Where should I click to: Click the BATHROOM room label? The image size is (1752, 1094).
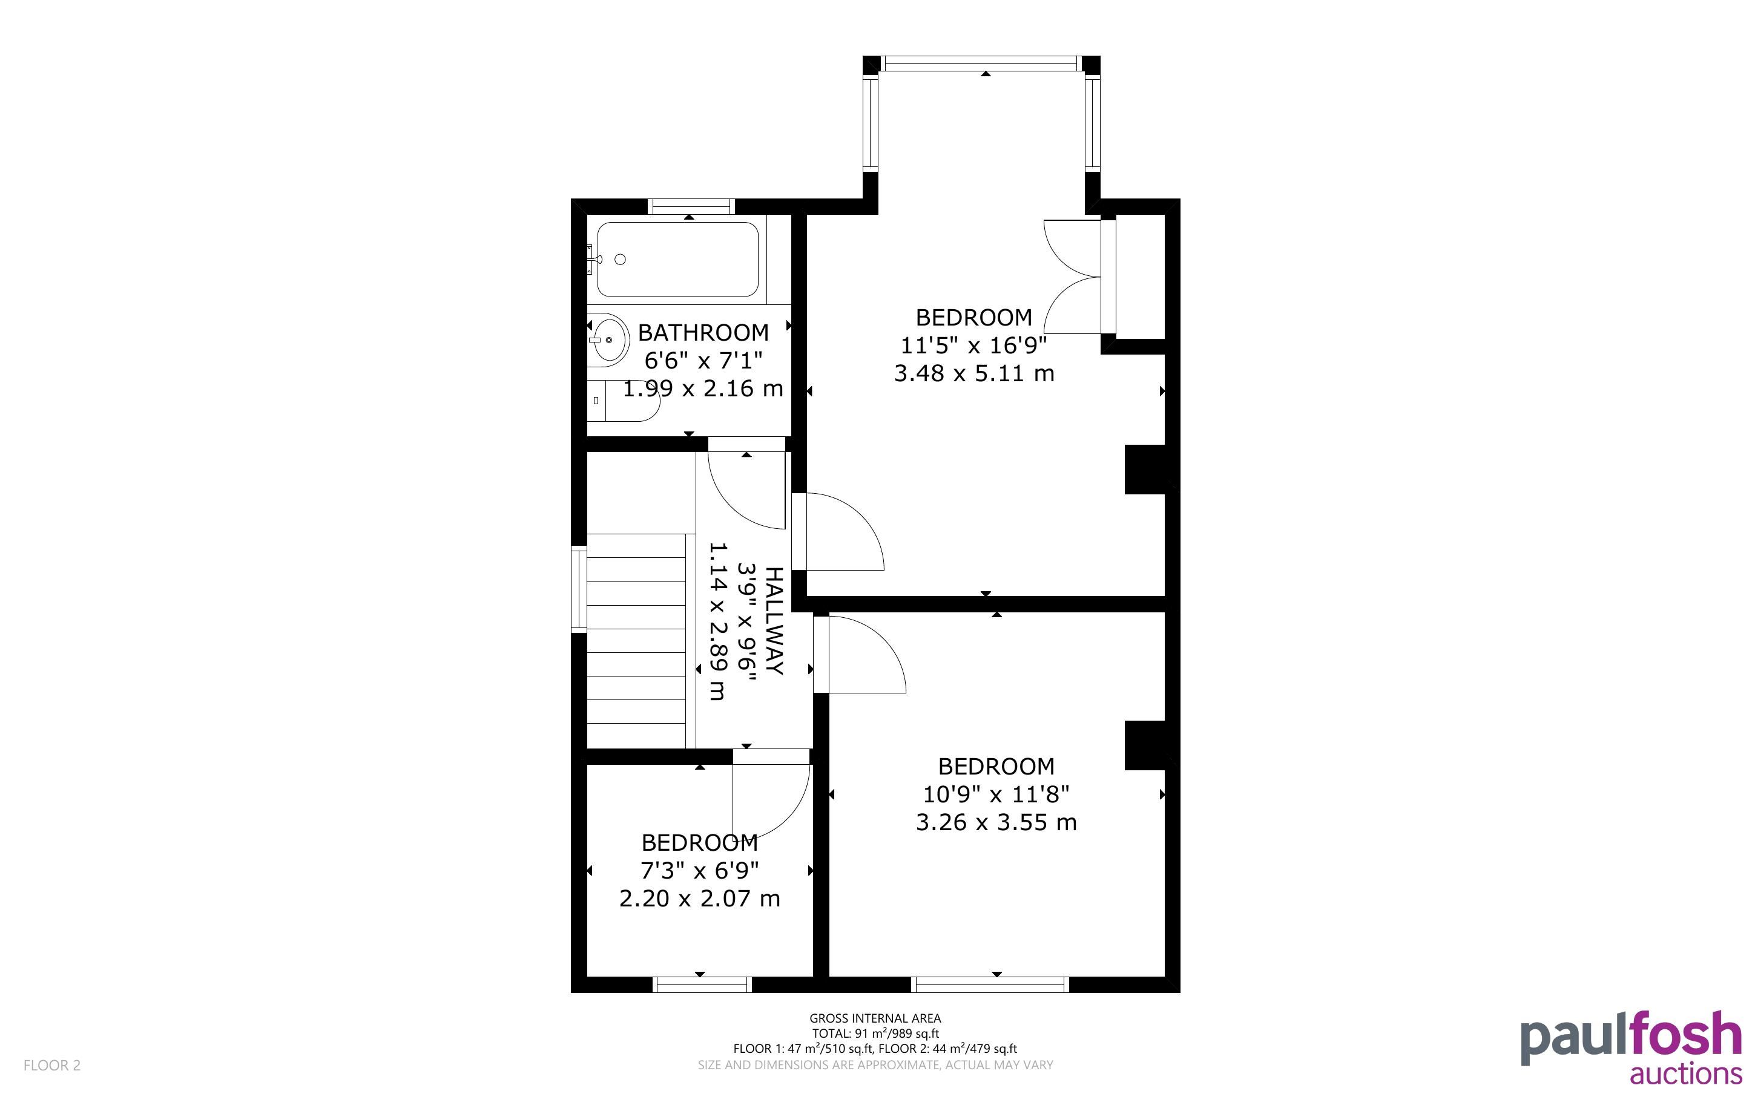[x=703, y=333]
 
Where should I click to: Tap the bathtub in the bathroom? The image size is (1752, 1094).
[x=677, y=259]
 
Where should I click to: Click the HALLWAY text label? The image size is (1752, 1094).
[x=774, y=621]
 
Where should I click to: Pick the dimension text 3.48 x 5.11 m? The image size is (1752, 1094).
[x=974, y=373]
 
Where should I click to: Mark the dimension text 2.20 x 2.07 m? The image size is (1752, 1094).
[x=700, y=899]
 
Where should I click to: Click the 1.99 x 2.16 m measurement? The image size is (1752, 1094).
[x=703, y=388]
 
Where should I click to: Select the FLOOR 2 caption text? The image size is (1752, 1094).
[x=52, y=1065]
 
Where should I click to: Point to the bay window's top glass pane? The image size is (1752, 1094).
[x=981, y=64]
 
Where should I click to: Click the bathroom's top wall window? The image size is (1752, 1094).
[x=691, y=207]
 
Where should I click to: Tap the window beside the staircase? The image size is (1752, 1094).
[x=579, y=589]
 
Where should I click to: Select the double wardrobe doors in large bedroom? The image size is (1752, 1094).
[x=1073, y=277]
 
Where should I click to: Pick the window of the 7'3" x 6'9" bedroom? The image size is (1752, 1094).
[x=702, y=984]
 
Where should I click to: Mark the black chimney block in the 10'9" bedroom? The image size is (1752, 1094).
[x=1144, y=745]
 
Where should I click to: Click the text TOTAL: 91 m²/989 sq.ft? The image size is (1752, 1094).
[x=875, y=1033]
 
